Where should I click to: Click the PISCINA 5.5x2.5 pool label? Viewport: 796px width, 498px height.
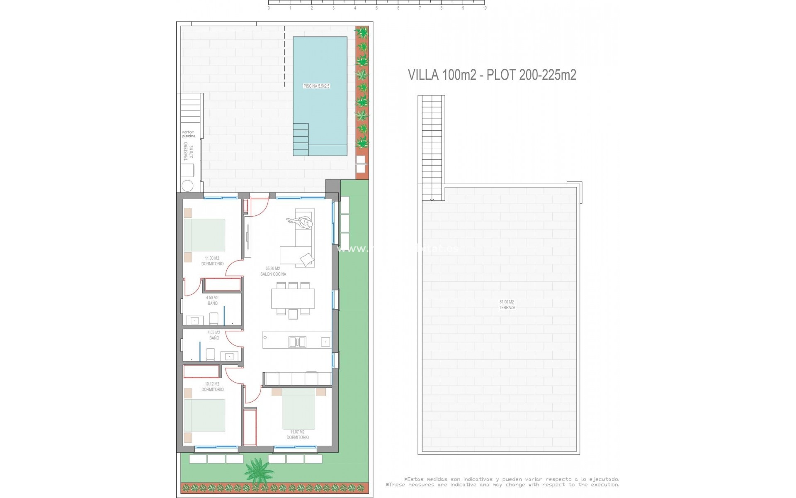[x=316, y=86]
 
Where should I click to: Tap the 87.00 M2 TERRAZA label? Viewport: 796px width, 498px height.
[x=507, y=305]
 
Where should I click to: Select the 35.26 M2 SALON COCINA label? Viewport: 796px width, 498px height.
[x=273, y=271]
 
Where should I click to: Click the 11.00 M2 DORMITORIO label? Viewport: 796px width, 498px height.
[x=212, y=261]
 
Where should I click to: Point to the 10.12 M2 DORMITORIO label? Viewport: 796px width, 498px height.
[x=212, y=387]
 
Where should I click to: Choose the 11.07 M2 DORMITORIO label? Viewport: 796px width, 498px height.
[x=297, y=435]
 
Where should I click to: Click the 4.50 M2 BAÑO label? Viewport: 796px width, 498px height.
[x=212, y=300]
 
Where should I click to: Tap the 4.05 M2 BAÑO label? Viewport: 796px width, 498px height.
[x=214, y=335]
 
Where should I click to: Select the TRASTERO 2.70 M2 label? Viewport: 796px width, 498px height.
[x=189, y=151]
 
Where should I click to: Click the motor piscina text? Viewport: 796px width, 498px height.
[x=189, y=134]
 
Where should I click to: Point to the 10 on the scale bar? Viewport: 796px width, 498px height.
[x=485, y=8]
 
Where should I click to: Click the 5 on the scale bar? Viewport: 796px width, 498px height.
[x=376, y=8]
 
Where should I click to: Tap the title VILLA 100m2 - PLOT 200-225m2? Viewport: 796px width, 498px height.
[x=492, y=75]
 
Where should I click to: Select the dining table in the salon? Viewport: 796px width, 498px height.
[x=293, y=298]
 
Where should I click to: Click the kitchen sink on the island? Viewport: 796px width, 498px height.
[x=297, y=342]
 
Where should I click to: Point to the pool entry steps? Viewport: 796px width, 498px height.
[x=301, y=139]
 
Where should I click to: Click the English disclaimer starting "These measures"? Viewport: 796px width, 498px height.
[x=502, y=485]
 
